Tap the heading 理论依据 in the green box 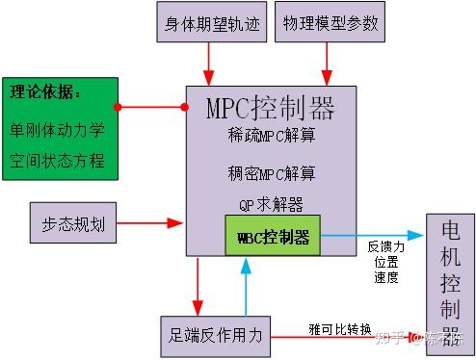(45, 93)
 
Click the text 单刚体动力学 (59, 128)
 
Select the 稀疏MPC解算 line (270, 136)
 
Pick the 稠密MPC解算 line (270, 173)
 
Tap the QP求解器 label (271, 204)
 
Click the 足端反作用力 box (216, 335)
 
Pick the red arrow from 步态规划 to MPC (150, 222)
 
